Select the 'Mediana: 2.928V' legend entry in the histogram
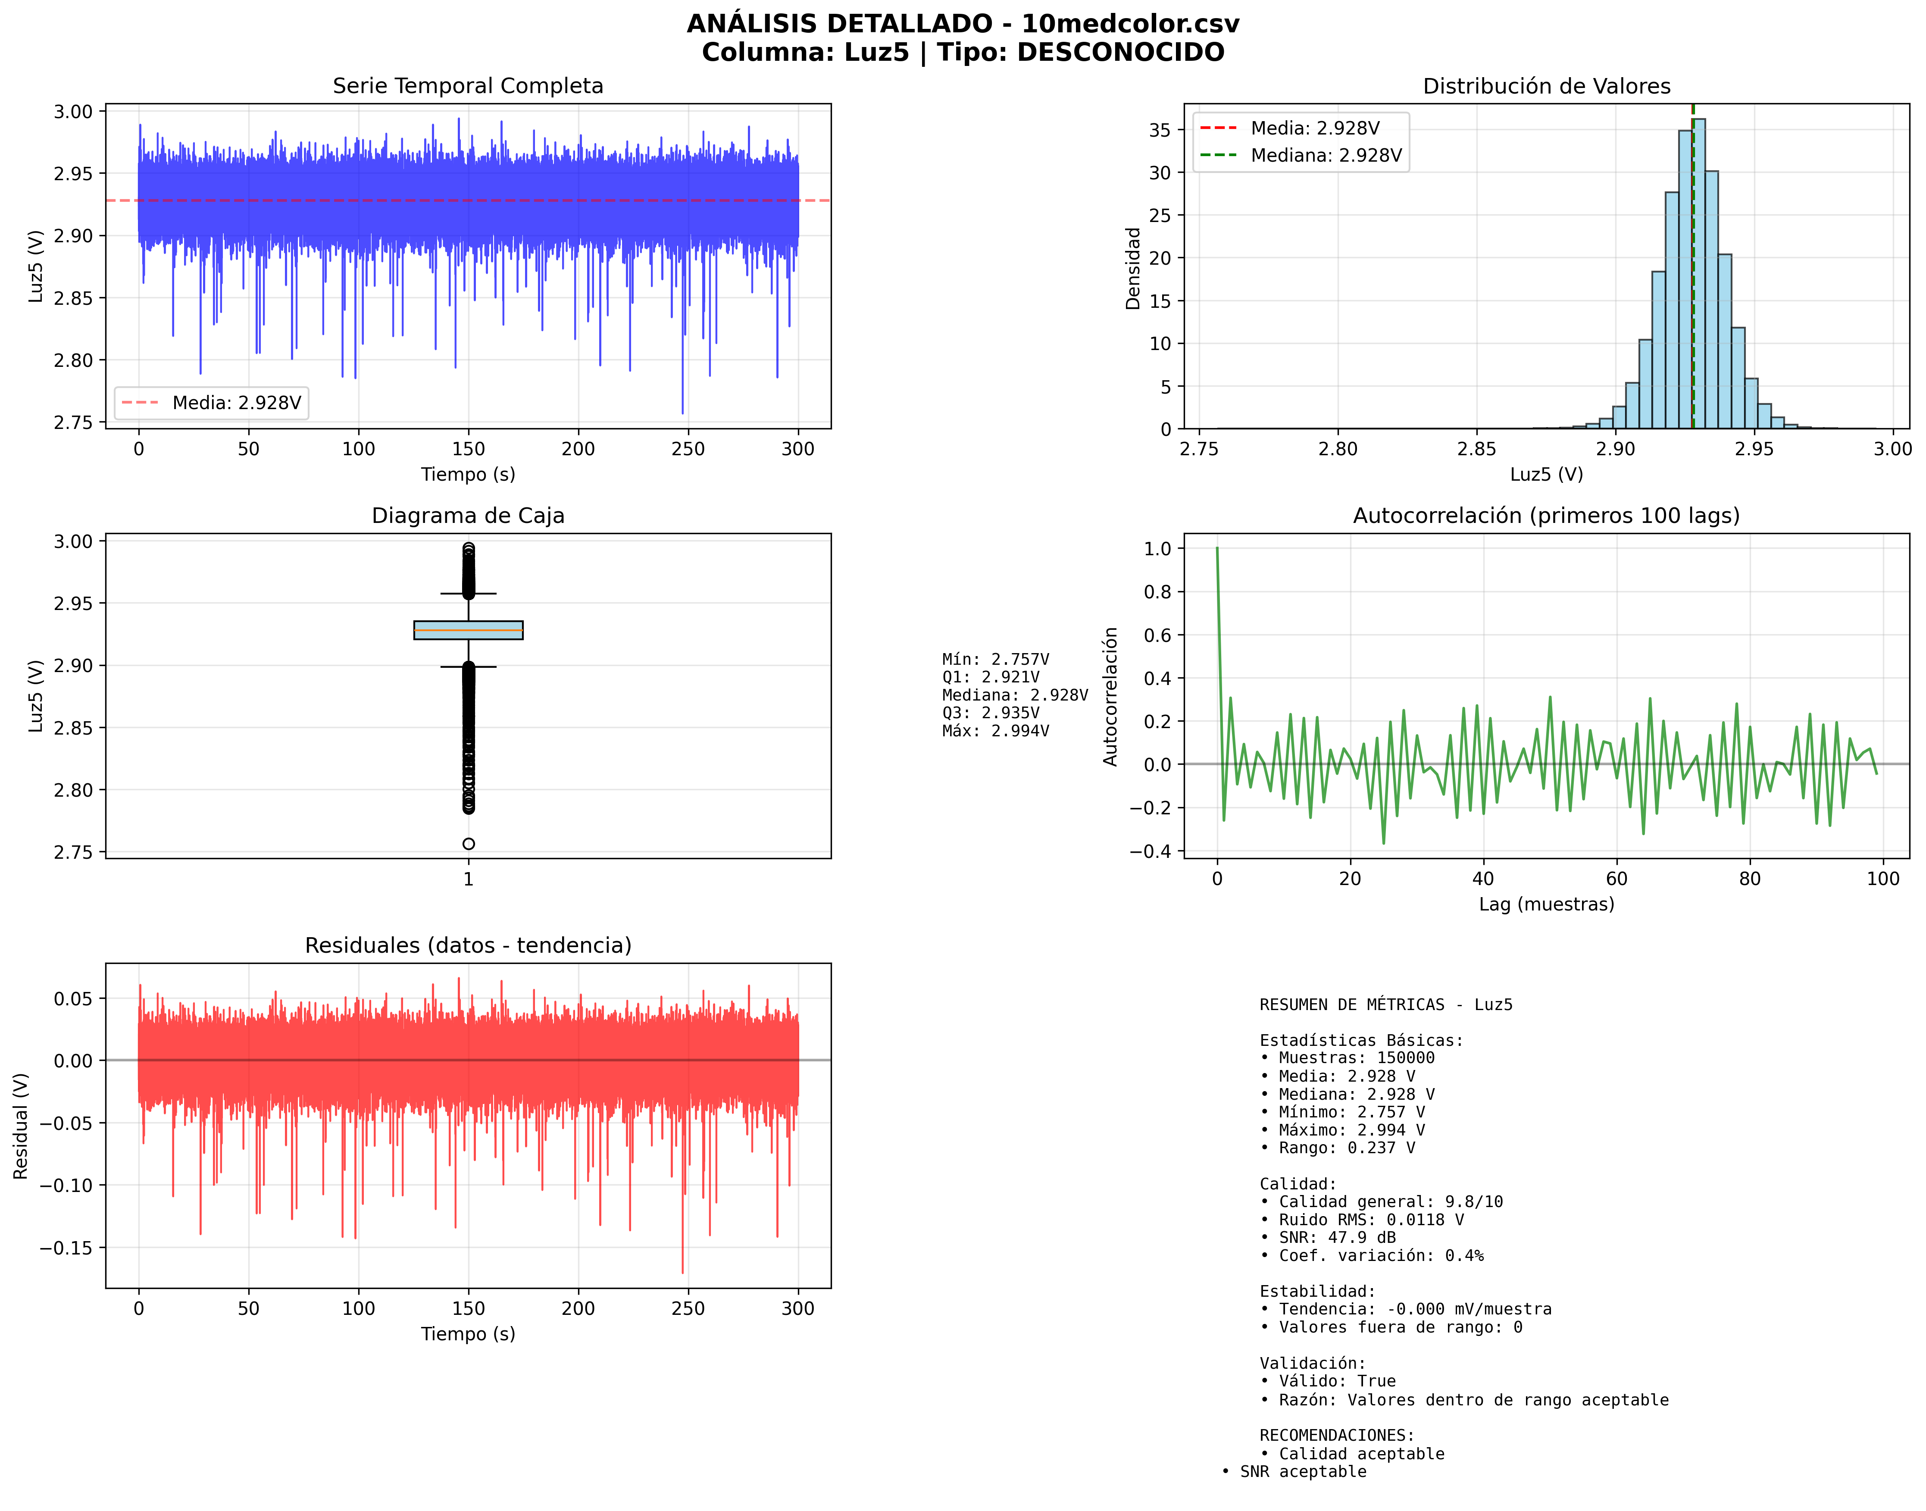(x=1325, y=156)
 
